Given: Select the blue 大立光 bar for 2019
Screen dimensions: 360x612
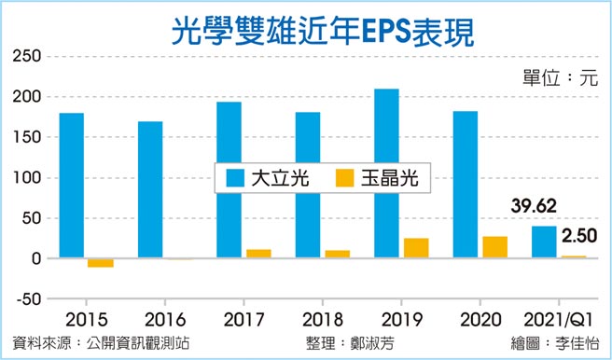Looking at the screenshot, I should pos(386,173).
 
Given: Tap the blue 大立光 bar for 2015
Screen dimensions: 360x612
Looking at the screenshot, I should pos(71,186).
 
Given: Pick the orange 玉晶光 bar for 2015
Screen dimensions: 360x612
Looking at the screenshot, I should pos(100,263).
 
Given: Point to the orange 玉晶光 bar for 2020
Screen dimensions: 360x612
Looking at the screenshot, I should pos(496,247).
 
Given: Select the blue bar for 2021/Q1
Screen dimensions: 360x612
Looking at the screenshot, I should pos(544,242).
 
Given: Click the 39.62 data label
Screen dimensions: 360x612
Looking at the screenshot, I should pos(533,206).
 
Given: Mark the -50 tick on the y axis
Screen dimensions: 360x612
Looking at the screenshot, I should pos(25,299).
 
